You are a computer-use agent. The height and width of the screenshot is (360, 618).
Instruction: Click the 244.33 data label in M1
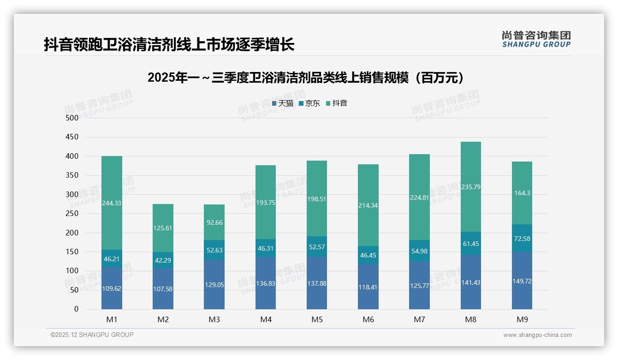(112, 203)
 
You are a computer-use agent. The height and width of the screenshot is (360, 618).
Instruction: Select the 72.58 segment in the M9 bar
(522, 238)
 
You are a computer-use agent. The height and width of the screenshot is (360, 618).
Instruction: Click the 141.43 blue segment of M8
(470, 282)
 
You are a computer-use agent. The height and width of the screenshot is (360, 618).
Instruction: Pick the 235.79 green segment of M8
(470, 187)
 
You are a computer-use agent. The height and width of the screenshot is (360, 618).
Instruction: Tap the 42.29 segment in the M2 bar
(163, 260)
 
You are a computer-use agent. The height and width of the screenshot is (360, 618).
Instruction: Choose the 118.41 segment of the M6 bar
(368, 287)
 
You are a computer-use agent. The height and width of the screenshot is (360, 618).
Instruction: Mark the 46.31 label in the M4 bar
(266, 248)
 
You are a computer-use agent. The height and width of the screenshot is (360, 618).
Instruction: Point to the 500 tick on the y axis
(72, 118)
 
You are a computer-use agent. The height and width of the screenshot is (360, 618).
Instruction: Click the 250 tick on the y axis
(72, 214)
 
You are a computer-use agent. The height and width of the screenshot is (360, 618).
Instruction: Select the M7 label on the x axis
(419, 319)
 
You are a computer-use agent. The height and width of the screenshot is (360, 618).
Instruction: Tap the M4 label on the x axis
(266, 319)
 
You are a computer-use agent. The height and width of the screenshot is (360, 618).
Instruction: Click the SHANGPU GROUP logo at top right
(536, 39)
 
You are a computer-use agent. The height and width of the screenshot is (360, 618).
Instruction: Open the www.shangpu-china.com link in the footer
(537, 335)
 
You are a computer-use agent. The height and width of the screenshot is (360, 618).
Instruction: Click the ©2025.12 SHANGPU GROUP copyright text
(92, 335)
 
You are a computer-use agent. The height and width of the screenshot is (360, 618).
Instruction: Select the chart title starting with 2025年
(305, 78)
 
